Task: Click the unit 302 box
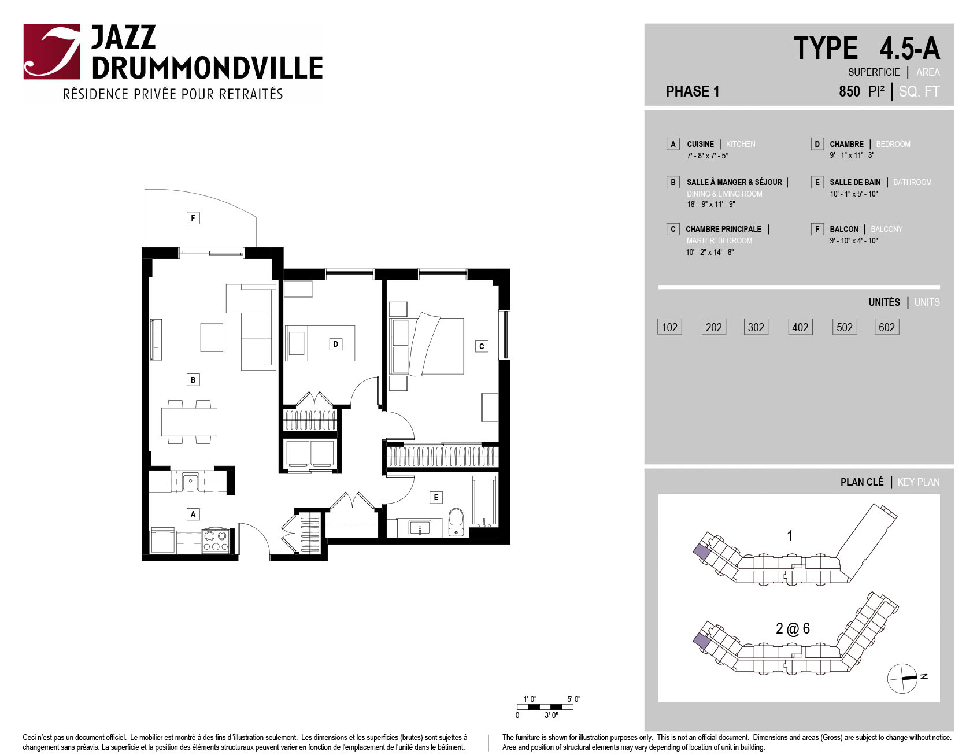coord(756,327)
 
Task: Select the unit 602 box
coord(887,327)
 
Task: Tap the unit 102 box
coord(669,327)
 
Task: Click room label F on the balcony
coord(193,218)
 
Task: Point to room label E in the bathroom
coord(436,497)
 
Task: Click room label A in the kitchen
coord(193,514)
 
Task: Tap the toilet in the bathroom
coord(456,522)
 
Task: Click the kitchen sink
coord(190,482)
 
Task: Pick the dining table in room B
coord(189,422)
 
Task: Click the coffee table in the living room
coord(212,337)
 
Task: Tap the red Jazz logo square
coord(51,51)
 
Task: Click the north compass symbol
coord(902,678)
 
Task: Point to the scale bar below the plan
coord(545,707)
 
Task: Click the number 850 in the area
coord(849,91)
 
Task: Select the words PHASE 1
coord(693,91)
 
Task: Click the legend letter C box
coord(673,229)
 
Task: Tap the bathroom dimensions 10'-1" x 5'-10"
coord(854,194)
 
